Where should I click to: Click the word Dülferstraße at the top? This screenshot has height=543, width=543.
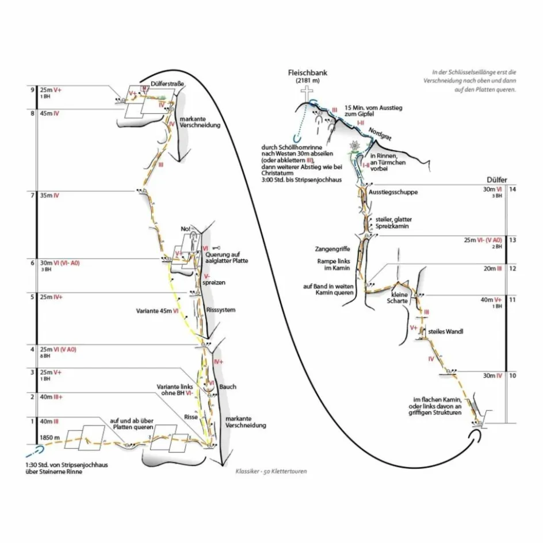click(x=167, y=84)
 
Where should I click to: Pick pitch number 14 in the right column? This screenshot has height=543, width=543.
click(x=513, y=189)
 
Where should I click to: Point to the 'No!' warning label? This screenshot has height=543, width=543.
click(x=185, y=230)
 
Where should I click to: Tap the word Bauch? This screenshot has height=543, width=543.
click(x=227, y=387)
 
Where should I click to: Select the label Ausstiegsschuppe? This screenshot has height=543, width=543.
click(x=393, y=192)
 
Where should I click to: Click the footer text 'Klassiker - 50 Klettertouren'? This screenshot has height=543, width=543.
click(x=271, y=471)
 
